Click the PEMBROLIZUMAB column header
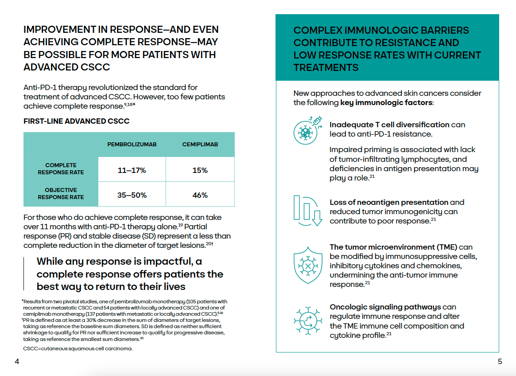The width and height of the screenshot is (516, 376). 132,145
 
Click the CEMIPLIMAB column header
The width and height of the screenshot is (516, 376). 200,145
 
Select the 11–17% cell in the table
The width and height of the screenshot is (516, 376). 132,170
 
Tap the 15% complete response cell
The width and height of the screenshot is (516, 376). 200,170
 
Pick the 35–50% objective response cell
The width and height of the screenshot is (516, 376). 132,195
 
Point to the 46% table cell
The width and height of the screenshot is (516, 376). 200,195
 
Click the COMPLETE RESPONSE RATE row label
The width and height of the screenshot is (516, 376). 61,169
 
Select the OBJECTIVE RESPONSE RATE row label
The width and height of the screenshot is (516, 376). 61,194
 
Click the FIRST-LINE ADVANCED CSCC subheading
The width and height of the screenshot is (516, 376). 76,121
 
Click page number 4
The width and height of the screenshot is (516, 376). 17,361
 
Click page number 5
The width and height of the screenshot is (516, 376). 500,361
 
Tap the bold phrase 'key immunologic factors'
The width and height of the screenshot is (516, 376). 386,103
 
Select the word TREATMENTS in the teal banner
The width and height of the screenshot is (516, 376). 326,68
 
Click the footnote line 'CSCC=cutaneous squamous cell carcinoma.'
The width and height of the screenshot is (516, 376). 78,348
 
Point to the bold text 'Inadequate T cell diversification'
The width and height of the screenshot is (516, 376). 389,125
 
